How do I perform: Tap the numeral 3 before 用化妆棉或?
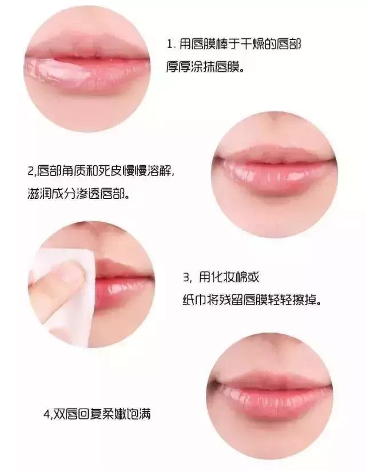coord(186,278)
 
